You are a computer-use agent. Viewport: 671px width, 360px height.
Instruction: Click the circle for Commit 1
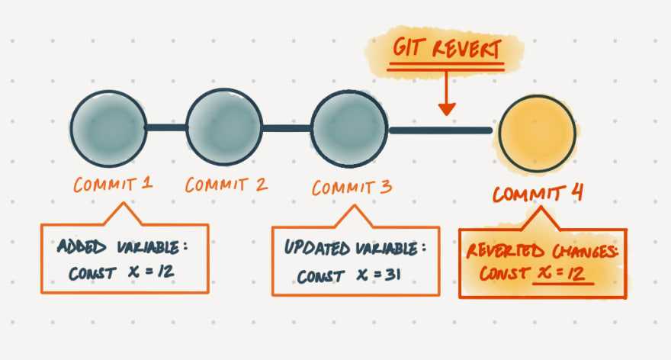[x=108, y=127]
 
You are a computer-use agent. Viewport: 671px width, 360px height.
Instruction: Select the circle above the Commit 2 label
[x=224, y=127]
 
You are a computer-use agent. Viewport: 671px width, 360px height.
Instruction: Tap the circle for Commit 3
[x=350, y=127]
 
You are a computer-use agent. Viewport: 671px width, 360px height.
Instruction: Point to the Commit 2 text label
[x=227, y=185]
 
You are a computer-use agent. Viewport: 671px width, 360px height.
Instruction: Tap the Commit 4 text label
[x=538, y=193]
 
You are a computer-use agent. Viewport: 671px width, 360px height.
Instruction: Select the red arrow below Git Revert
[x=447, y=95]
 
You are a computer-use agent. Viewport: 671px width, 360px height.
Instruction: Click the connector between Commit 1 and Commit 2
[x=165, y=127]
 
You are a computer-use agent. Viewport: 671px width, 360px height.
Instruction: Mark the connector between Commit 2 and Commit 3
[x=287, y=127]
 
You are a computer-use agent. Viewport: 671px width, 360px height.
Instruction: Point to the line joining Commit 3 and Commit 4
[x=441, y=130]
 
